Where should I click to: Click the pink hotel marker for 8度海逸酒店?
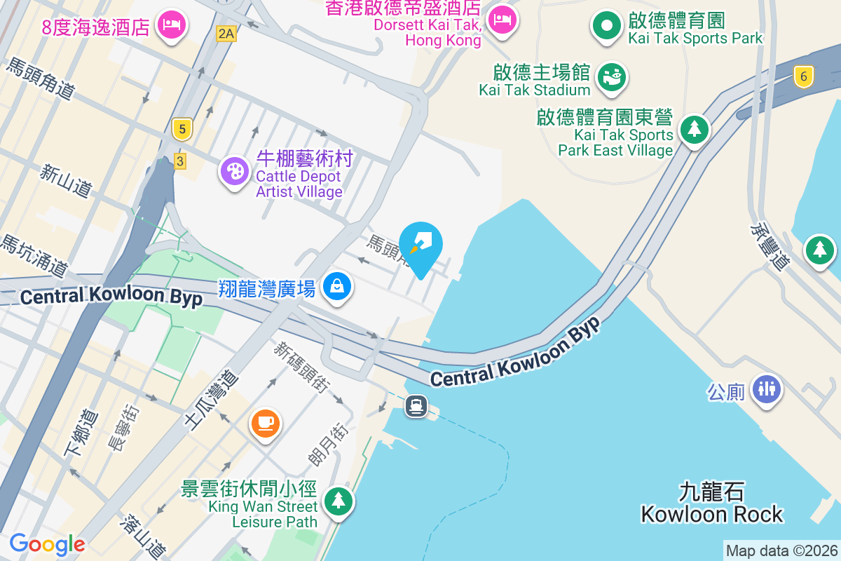tap(171, 25)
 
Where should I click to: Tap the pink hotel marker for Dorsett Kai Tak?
tap(501, 20)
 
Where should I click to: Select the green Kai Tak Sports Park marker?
tap(607, 26)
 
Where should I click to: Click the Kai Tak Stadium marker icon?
tap(613, 77)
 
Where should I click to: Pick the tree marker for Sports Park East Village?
tap(694, 129)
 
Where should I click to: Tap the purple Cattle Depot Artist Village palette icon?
tap(234, 170)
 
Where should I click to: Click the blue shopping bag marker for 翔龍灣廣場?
tap(338, 286)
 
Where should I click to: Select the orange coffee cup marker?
tap(266, 423)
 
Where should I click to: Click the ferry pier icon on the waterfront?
tap(416, 406)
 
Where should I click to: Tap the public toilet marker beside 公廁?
tap(766, 388)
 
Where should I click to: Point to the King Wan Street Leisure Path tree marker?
tap(339, 500)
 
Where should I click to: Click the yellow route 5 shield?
tap(182, 129)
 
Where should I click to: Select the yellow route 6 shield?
tap(804, 76)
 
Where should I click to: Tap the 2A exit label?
tap(226, 33)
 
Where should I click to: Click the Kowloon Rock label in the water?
tap(712, 503)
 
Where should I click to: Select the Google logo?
tap(47, 543)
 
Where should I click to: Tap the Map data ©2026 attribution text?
tap(781, 551)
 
